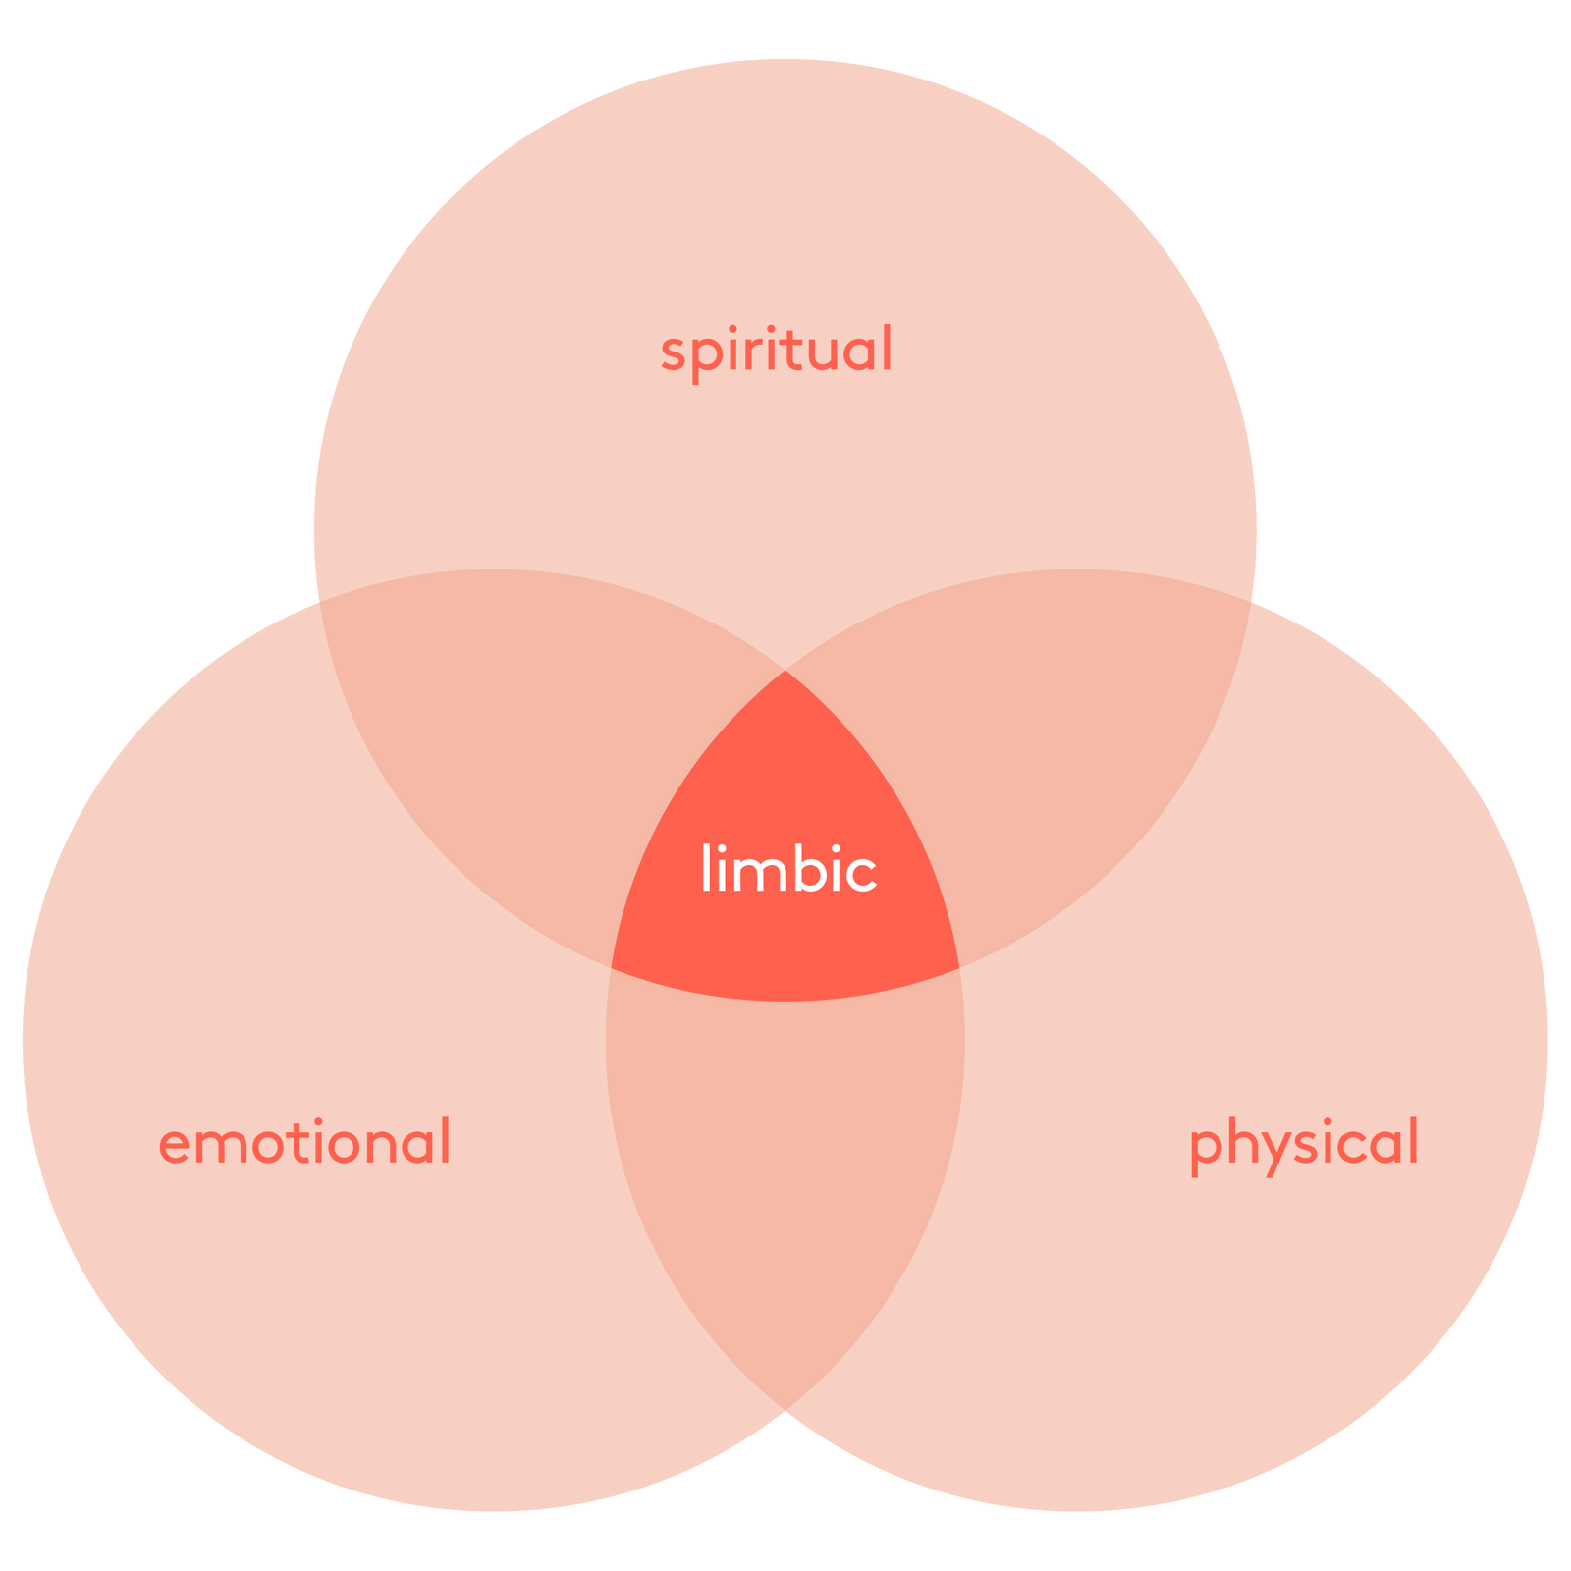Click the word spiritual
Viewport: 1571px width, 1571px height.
tap(776, 352)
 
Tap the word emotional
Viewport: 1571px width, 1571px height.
tap(304, 1141)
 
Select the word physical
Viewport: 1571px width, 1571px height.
tap(1304, 1145)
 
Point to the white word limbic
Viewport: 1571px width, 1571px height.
tap(788, 868)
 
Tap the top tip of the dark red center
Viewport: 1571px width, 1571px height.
tap(785, 670)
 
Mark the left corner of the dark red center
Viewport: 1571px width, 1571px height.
tap(611, 968)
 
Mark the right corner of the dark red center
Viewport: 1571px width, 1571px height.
tap(959, 968)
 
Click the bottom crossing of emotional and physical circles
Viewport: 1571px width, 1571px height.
tap(785, 1410)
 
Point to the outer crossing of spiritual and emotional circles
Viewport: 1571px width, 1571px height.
tap(319, 601)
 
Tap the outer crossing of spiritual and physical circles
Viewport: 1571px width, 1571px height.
tap(1251, 601)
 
